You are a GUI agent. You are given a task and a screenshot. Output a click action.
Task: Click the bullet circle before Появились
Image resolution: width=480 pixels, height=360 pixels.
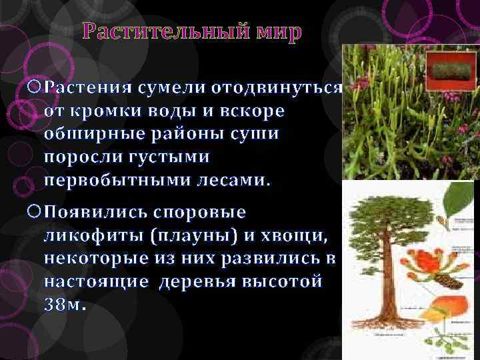(36, 213)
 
